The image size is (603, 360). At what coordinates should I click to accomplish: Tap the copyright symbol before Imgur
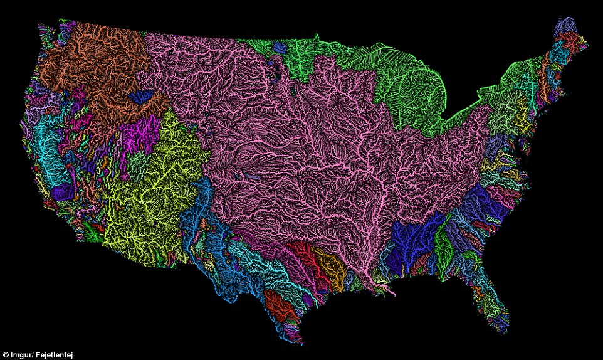point(4,354)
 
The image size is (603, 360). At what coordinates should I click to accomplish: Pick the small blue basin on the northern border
point(280,47)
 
